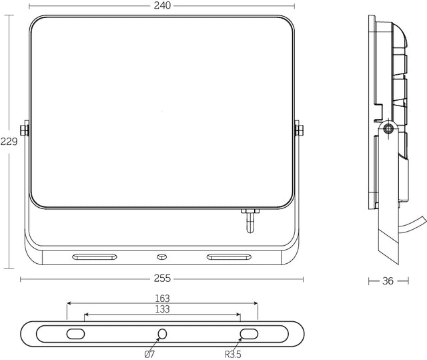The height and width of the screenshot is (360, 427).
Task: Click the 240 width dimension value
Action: (x=162, y=5)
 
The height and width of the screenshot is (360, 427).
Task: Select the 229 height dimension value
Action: (x=9, y=142)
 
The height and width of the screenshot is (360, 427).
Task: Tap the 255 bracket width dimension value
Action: (x=162, y=279)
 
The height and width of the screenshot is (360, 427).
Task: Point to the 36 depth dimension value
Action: (x=388, y=281)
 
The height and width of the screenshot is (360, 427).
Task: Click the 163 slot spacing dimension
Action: (x=162, y=299)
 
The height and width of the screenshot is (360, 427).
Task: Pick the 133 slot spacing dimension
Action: (x=162, y=309)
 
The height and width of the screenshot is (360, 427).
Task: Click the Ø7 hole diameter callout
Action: (x=149, y=355)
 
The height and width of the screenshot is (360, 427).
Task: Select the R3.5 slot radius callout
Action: (x=233, y=355)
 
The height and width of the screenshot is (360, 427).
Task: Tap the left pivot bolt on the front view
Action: (x=25, y=130)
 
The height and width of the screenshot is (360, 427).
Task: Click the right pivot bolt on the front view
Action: (x=299, y=130)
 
